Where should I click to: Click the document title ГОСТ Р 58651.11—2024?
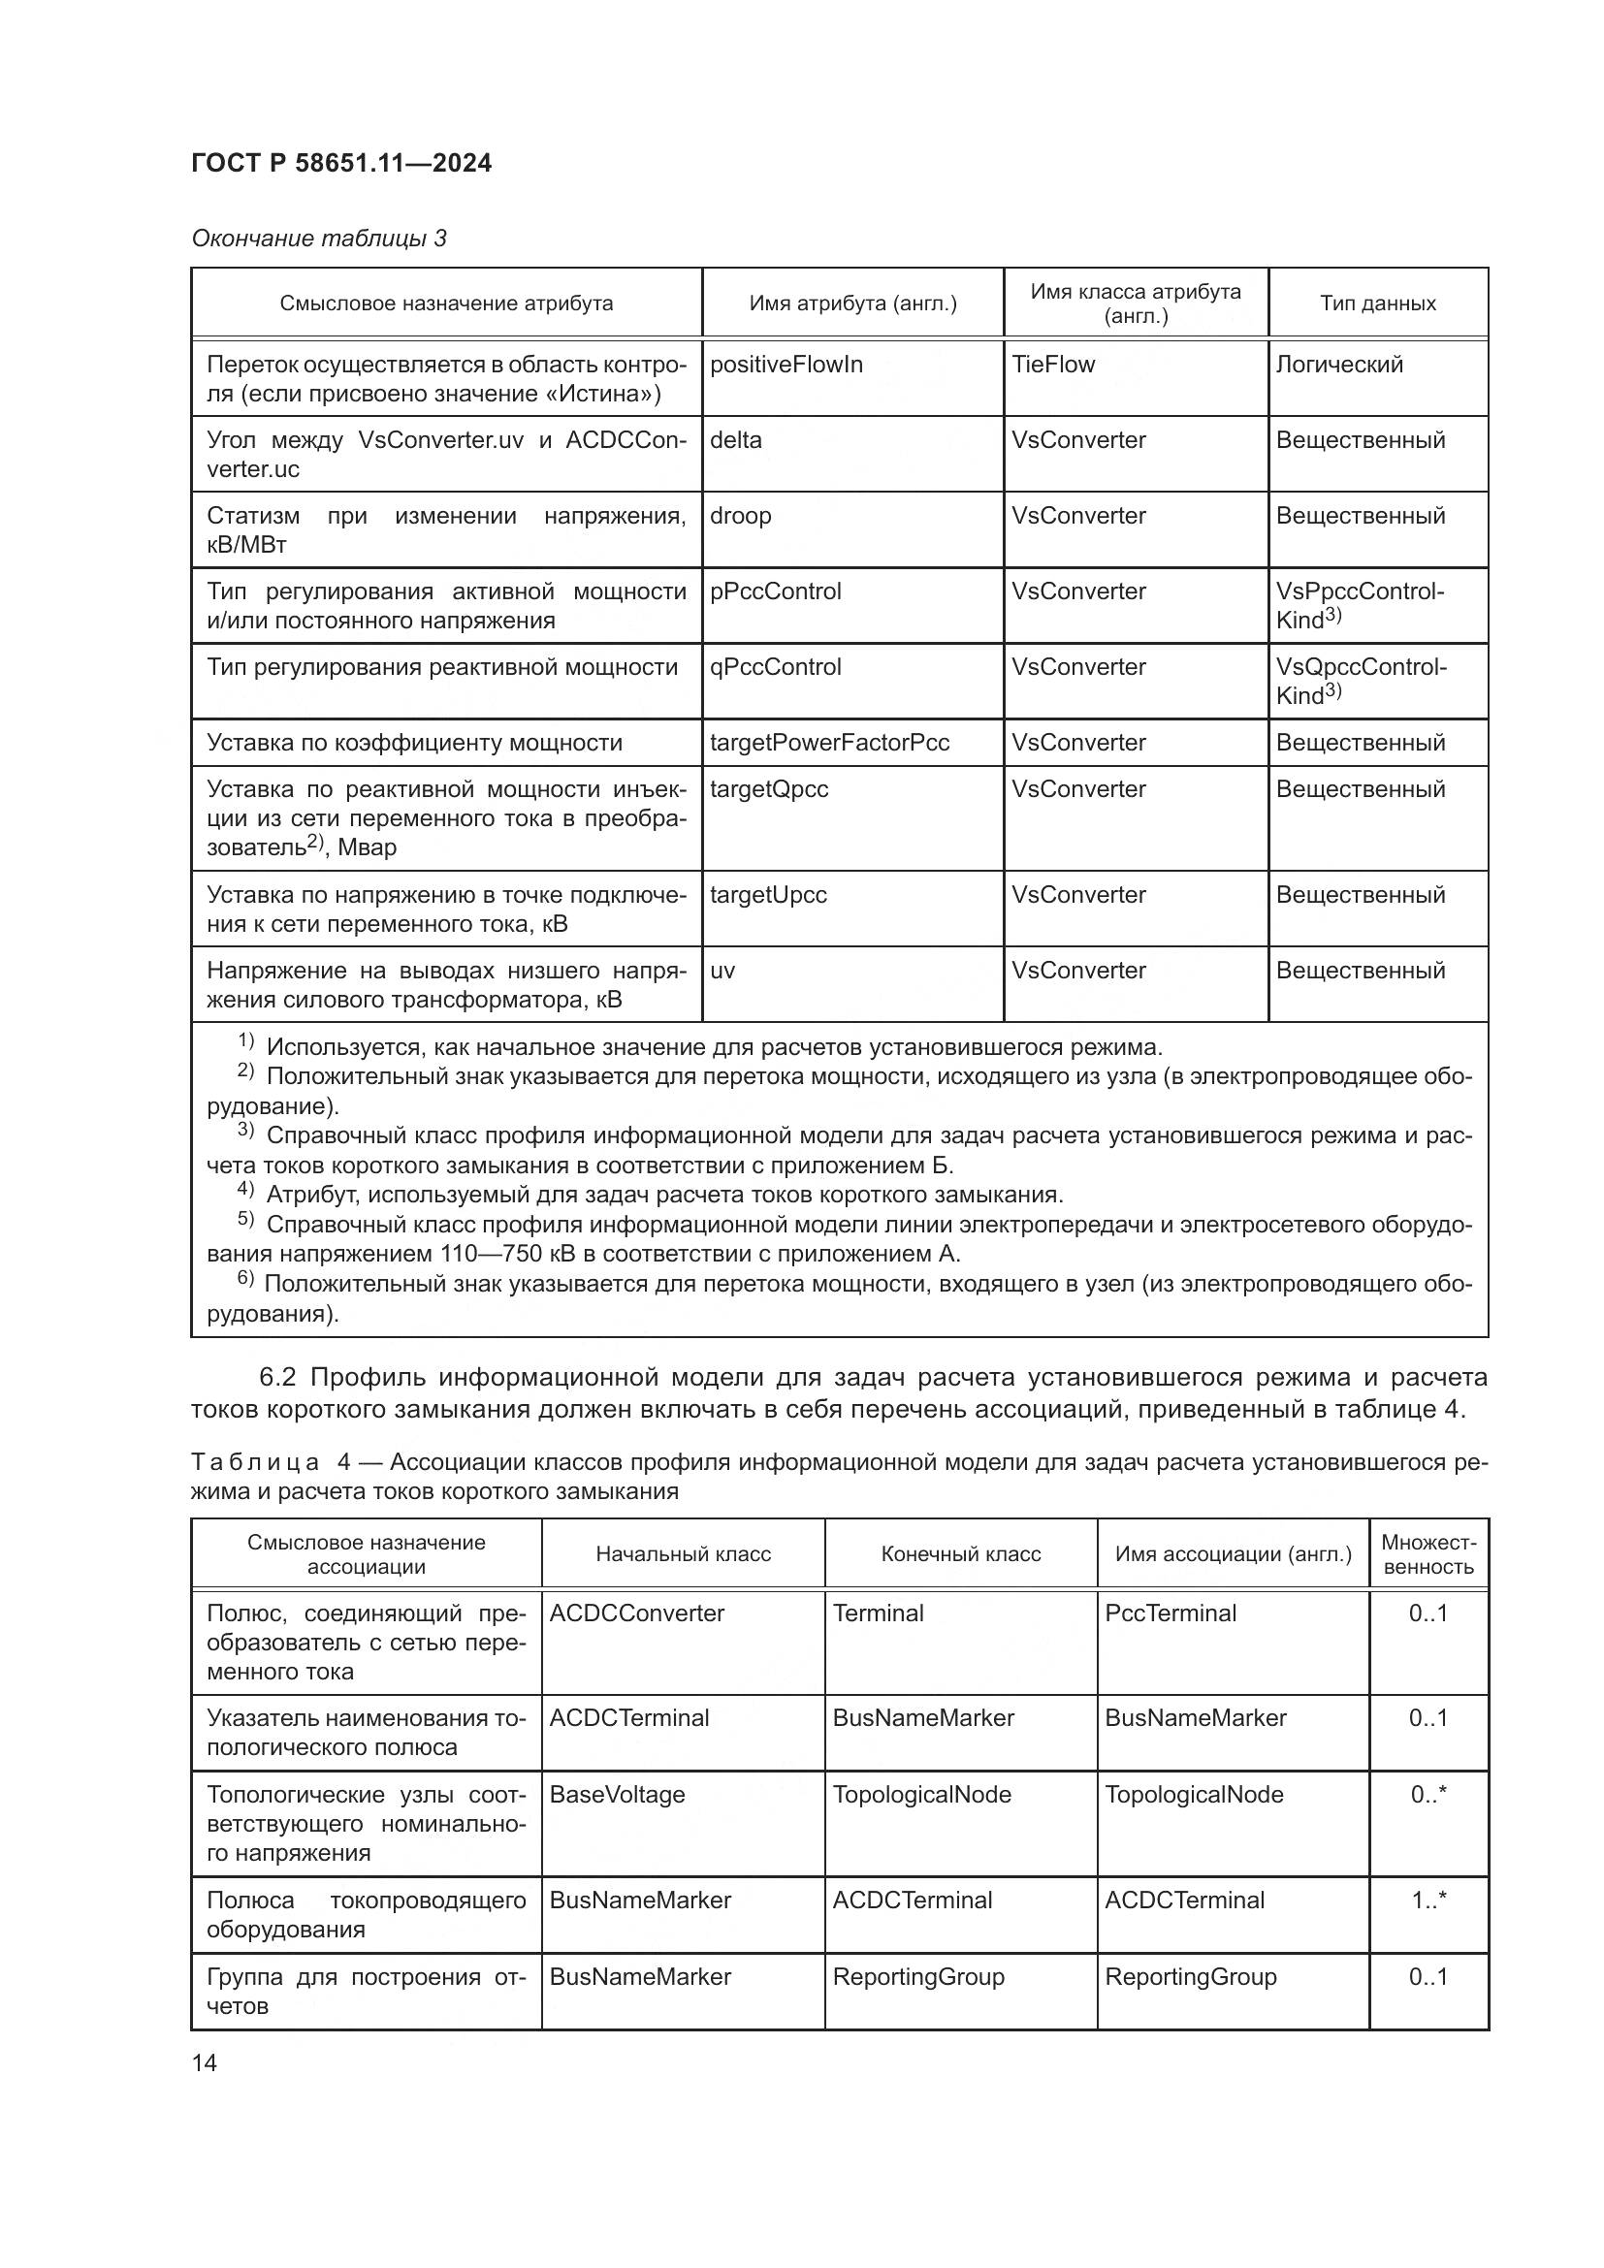[x=340, y=163]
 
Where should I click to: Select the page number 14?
[x=205, y=2062]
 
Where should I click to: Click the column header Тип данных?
[x=1377, y=303]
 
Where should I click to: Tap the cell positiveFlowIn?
[x=786, y=365]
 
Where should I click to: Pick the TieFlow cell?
[x=1053, y=365]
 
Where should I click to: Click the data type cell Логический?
[x=1338, y=365]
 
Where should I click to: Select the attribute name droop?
[x=740, y=516]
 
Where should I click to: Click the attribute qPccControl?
[x=776, y=667]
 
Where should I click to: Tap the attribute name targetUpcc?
[x=767, y=895]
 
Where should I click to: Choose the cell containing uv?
[x=722, y=971]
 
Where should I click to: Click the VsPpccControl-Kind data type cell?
[x=1359, y=604]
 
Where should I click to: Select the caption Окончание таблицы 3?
[x=319, y=239]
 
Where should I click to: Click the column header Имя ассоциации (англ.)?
[x=1233, y=1553]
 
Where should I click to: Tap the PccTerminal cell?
[x=1171, y=1613]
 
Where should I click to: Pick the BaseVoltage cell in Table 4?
[x=617, y=1795]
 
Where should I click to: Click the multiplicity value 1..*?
[x=1428, y=1901]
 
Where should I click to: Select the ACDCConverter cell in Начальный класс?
[x=636, y=1613]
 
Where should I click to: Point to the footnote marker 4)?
[x=246, y=1191]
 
